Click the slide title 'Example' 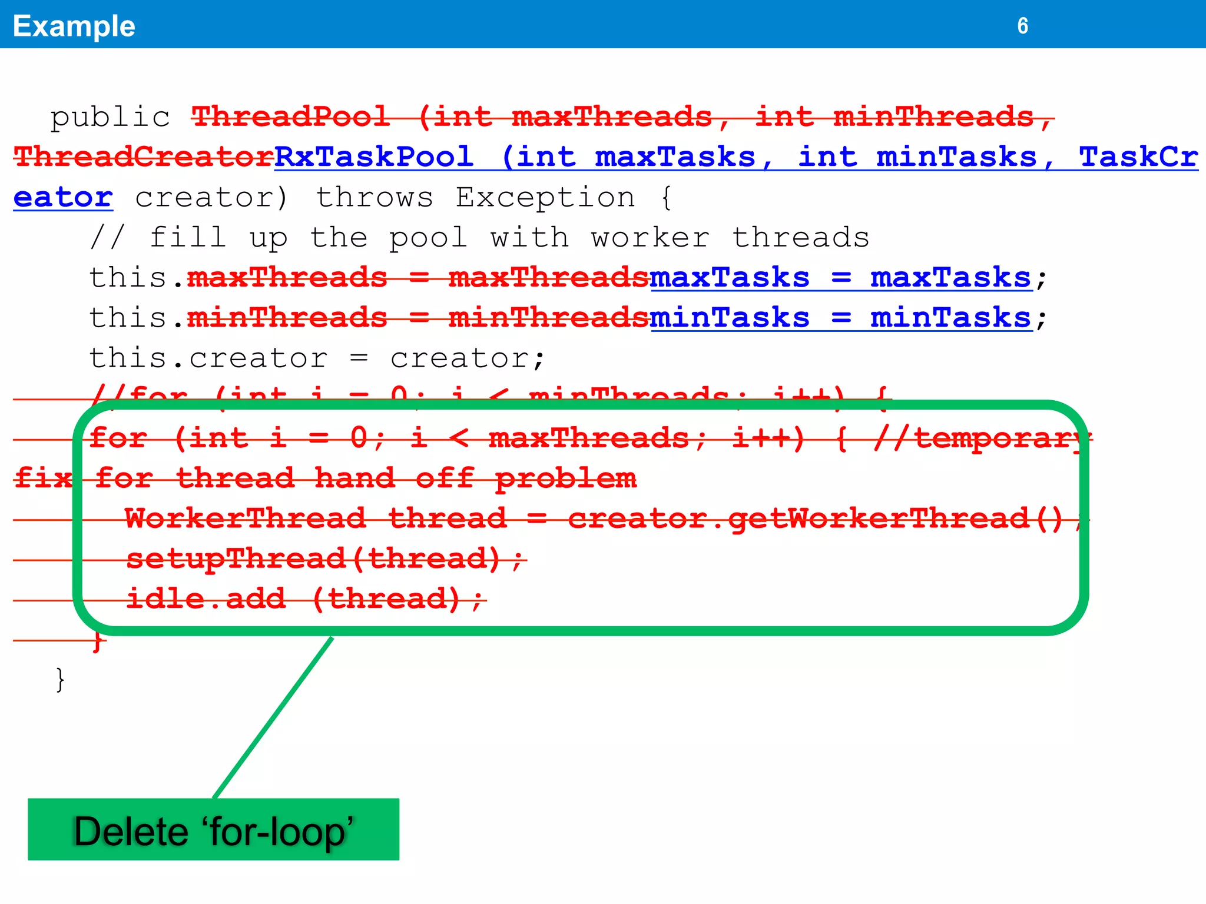tap(74, 26)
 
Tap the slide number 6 tap(1022, 26)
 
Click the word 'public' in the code tap(110, 117)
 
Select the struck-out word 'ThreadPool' tap(290, 117)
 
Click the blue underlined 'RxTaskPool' tap(374, 157)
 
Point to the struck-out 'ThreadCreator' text tap(144, 157)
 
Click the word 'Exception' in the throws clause tap(545, 197)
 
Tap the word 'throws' tap(375, 197)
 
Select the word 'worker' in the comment tap(650, 238)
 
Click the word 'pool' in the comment tap(428, 238)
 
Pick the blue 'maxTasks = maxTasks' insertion tap(840, 278)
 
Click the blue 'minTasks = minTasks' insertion tap(840, 318)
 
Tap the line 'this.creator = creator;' tap(317, 358)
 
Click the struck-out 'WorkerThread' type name tap(245, 519)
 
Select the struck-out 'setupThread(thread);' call tap(325, 559)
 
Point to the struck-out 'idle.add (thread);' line tap(305, 599)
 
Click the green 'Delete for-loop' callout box tap(213, 829)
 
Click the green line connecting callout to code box tap(273, 717)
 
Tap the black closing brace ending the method tap(59, 679)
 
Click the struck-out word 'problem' tap(565, 478)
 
